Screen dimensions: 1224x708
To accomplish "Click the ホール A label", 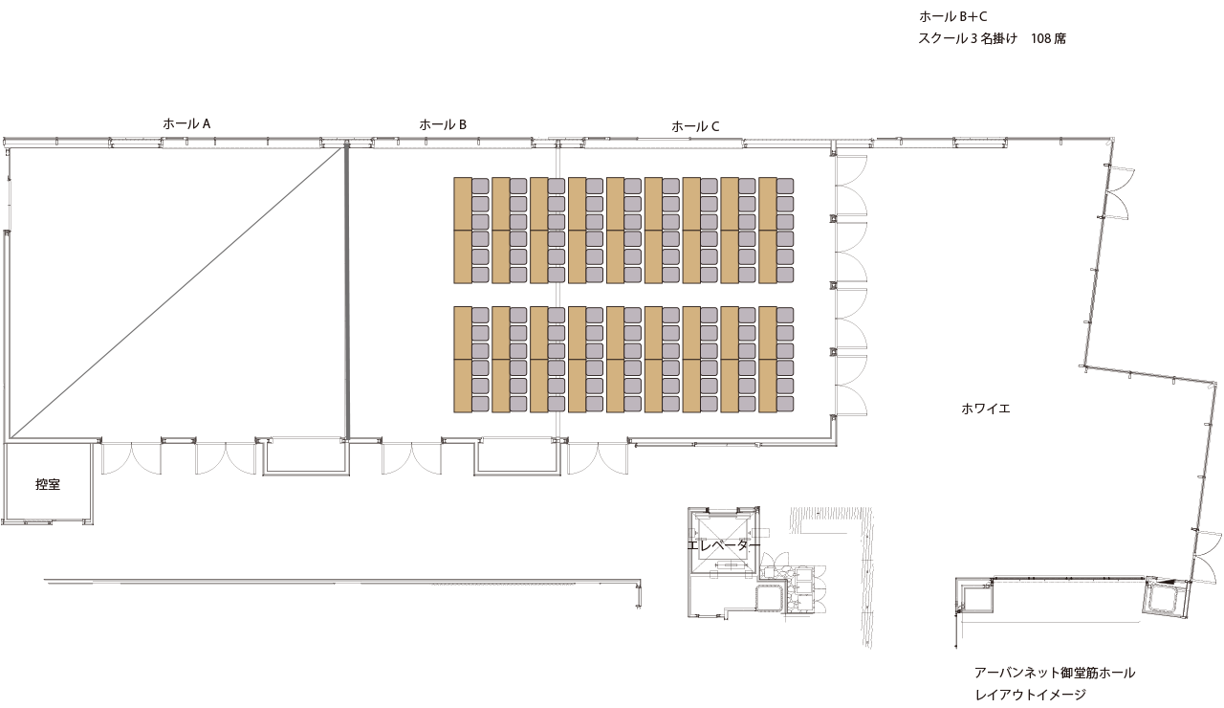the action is [186, 123].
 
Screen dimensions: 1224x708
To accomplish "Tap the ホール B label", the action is [443, 124].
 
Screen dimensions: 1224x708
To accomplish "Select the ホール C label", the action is [695, 127].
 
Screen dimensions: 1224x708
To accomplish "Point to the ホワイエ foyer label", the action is [985, 409].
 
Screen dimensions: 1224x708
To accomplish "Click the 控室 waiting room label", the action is [48, 484].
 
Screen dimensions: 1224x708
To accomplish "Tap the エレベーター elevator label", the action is [724, 545].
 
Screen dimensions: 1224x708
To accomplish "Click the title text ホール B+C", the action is [953, 17].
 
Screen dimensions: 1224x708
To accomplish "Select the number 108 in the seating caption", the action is [1040, 39].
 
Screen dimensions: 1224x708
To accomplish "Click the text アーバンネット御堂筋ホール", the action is [1055, 673].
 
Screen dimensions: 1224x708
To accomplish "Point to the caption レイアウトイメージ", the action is [1030, 695].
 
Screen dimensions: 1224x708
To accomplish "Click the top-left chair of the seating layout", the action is [480, 186].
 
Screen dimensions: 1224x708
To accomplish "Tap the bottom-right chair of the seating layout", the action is [785, 404].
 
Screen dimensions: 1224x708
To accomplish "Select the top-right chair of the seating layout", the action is [785, 186].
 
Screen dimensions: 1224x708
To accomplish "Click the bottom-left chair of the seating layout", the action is [480, 404].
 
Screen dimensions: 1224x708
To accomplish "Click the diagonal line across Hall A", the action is [176, 293].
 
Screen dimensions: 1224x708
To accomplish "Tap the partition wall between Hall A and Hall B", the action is [346, 293].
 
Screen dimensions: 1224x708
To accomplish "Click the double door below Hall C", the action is [598, 458].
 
